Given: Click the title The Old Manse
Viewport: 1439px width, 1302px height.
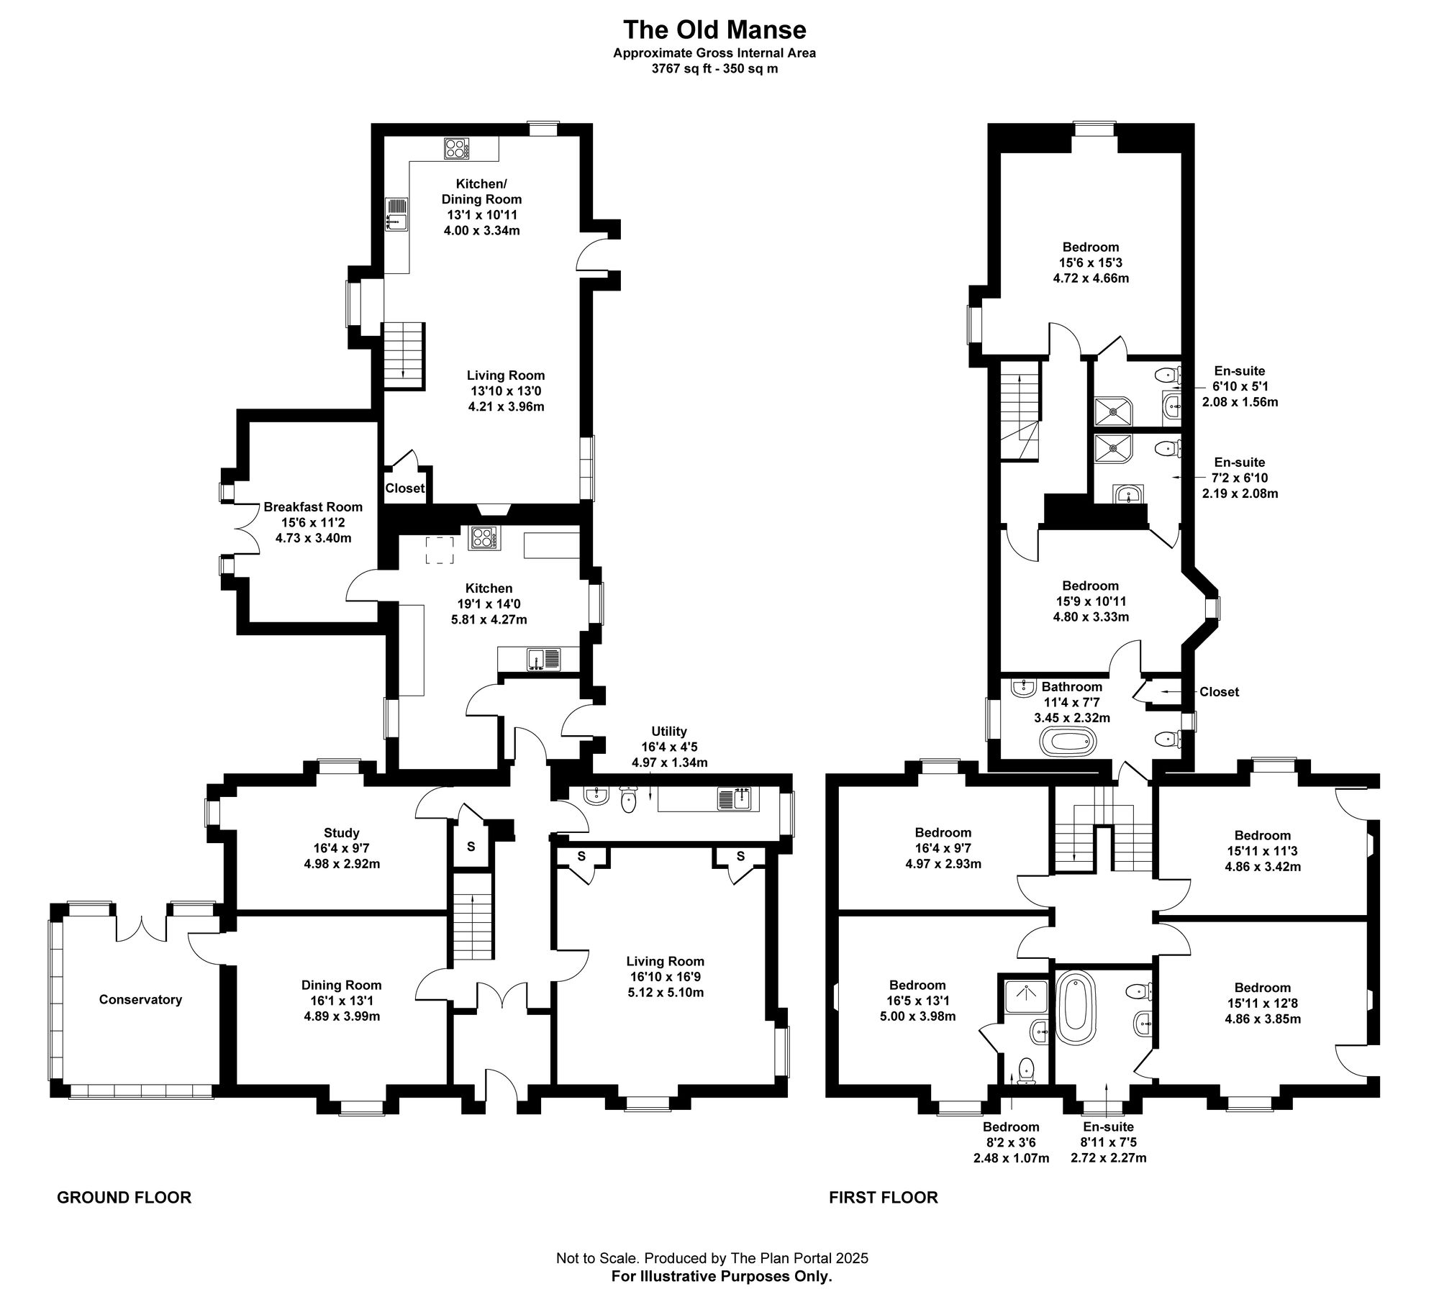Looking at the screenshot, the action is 714,29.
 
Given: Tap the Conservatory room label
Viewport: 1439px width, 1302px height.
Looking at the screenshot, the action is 140,999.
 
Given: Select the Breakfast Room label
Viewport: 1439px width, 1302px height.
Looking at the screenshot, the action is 313,506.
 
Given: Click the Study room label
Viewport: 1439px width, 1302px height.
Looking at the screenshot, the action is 341,833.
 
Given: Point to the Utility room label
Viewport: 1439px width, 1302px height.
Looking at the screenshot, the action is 669,732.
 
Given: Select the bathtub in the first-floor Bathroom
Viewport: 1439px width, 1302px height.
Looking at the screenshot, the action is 1068,742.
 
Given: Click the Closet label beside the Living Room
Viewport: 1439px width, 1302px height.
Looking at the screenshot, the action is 404,488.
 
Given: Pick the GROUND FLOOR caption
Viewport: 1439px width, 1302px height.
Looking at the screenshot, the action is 124,1198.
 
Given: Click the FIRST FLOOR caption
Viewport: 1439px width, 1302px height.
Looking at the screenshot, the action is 883,1198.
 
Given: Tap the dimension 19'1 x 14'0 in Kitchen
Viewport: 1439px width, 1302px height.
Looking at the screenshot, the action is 489,604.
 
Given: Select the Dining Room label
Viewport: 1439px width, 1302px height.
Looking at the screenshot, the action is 341,985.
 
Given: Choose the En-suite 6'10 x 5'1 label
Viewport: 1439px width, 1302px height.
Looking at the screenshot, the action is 1240,387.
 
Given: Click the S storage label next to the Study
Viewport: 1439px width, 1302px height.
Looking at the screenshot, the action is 471,847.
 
